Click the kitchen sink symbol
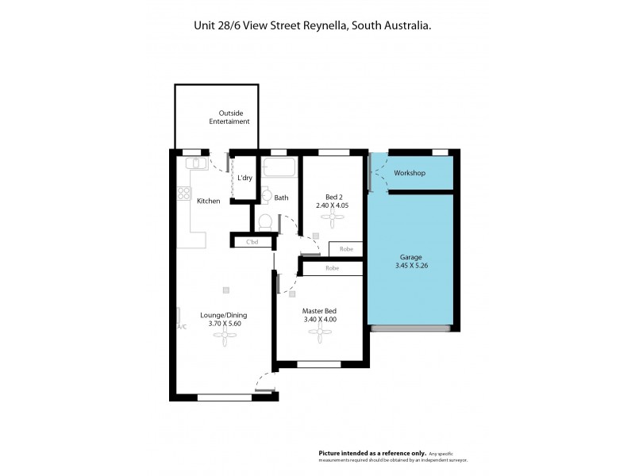(195, 163)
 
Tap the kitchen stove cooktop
(184, 192)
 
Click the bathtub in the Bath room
(279, 168)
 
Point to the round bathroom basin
(267, 195)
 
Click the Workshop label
(410, 173)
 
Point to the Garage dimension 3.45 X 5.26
(411, 266)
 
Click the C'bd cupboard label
(253, 241)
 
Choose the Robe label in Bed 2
(346, 249)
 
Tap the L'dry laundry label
(244, 178)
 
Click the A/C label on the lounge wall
(181, 327)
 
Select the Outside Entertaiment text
(229, 117)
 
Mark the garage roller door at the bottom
(411, 328)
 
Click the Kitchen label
(209, 201)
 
